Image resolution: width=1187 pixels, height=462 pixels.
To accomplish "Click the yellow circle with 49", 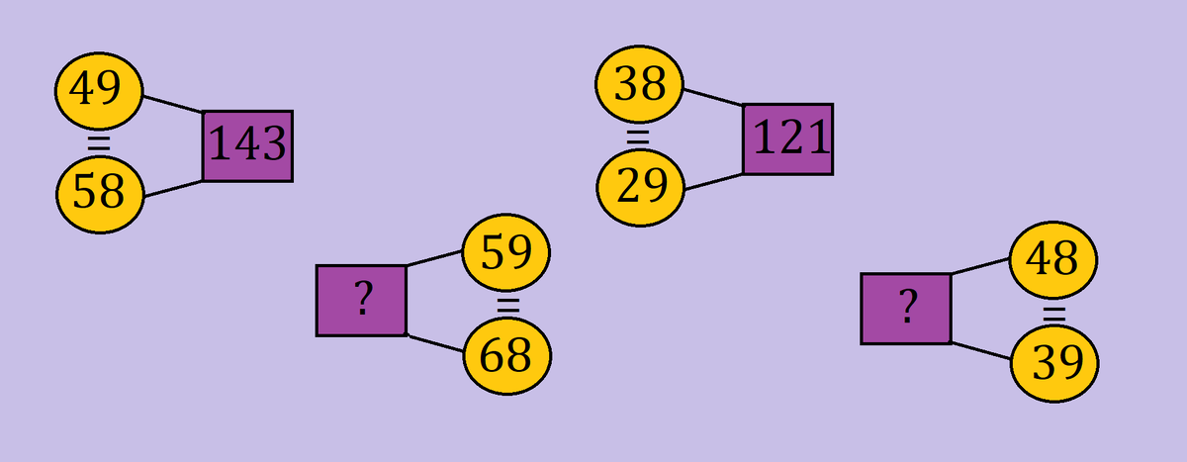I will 98,91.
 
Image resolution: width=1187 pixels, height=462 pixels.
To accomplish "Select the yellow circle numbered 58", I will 100,192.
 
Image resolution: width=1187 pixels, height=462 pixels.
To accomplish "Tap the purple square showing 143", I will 247,145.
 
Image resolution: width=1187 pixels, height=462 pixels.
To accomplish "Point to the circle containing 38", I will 640,86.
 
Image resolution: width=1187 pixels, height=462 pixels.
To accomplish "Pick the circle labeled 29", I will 641,186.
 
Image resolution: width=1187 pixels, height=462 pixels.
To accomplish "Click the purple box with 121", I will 788,139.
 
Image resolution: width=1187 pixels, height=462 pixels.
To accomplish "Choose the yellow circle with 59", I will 506,253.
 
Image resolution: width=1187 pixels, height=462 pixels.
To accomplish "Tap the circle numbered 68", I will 507,356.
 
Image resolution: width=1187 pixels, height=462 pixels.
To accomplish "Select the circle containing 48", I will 1052,260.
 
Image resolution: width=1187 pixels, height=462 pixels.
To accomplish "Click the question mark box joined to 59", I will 361,300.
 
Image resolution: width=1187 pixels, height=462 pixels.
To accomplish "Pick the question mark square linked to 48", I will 906,309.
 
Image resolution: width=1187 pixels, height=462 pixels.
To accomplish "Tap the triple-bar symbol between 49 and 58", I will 98,142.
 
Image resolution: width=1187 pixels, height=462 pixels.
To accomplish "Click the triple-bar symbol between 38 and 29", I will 639,137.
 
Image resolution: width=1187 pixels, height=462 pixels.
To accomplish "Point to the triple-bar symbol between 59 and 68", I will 507,305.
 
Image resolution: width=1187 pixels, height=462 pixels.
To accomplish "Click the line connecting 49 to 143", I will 172,104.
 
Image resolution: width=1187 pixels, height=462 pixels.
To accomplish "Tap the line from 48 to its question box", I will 980,266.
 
